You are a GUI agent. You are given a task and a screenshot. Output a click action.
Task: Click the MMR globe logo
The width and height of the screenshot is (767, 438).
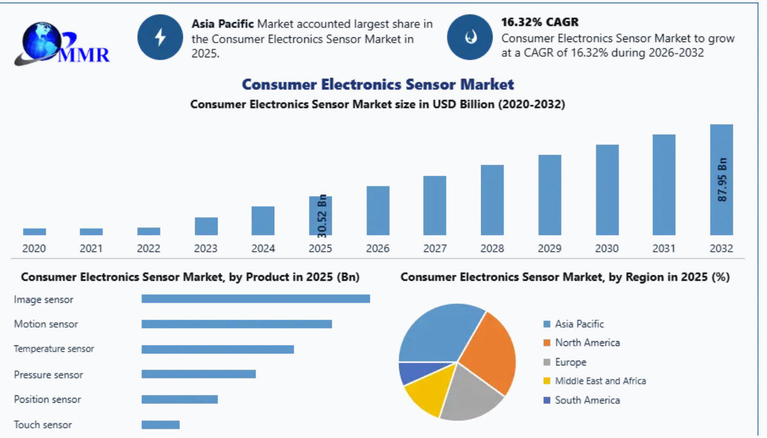[62, 43]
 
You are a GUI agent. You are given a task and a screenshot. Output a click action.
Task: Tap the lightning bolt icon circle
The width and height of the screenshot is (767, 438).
[160, 37]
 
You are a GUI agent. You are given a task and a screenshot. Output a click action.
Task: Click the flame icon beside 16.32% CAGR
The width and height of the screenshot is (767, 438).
[470, 37]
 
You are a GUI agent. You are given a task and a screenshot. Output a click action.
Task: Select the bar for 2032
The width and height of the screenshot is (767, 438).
[721, 180]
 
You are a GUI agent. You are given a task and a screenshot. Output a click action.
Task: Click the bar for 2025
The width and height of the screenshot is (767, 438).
[321, 216]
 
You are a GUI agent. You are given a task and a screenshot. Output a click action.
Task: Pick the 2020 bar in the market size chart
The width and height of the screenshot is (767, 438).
[34, 231]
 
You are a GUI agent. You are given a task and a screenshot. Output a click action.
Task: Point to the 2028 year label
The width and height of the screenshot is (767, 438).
[492, 248]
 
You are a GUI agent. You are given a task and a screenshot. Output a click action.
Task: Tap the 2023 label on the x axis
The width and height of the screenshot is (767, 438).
[206, 248]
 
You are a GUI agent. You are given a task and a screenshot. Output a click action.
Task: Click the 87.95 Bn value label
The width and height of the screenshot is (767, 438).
[722, 180]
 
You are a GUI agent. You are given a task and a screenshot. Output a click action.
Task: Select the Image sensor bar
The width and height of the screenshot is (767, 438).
[256, 298]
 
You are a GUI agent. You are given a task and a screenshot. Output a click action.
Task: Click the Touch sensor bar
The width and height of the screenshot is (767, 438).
[160, 425]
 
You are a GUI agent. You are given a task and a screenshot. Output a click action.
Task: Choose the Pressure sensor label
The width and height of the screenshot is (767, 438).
[48, 375]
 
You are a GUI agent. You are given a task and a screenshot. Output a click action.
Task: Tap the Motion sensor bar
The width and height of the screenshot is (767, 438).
[237, 324]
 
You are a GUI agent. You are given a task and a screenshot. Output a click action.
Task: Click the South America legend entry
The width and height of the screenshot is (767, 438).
[582, 400]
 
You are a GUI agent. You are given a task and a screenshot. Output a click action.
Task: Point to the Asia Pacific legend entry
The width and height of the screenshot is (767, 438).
[574, 323]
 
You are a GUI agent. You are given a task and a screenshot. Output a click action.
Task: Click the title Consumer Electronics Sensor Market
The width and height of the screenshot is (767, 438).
[378, 85]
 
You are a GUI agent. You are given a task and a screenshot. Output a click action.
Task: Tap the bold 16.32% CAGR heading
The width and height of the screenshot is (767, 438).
[540, 22]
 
